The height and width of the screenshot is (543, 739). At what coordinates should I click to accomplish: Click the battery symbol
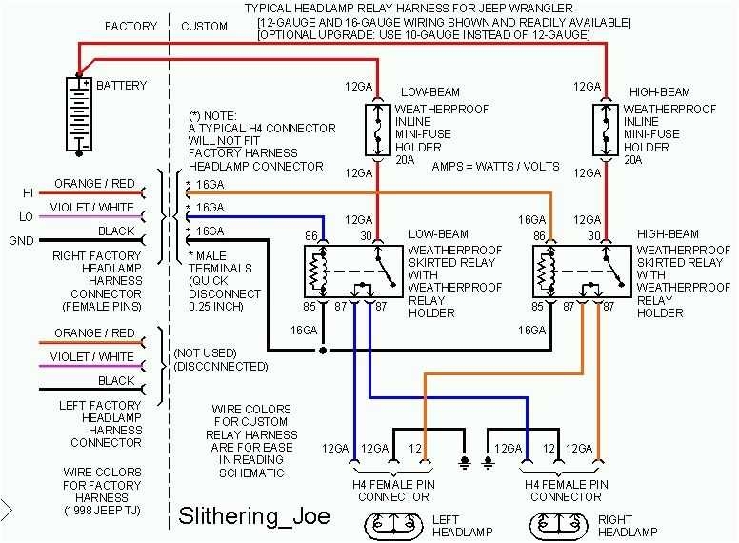pyautogui.click(x=78, y=113)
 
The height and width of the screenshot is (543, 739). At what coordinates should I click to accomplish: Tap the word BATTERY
pyautogui.click(x=121, y=86)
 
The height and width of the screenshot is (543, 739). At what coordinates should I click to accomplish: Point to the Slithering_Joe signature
pyautogui.click(x=254, y=516)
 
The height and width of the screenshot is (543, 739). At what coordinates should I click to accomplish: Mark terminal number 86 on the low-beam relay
pyautogui.click(x=310, y=234)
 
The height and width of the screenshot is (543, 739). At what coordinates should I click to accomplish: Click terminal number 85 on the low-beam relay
pyautogui.click(x=310, y=307)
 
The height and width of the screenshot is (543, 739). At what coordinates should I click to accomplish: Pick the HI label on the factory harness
pyautogui.click(x=28, y=192)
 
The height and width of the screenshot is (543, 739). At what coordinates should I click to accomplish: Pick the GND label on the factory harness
pyautogui.click(x=22, y=241)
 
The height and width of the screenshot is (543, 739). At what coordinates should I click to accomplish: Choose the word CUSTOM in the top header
pyautogui.click(x=204, y=27)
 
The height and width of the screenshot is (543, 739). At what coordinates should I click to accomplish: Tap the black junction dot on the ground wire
pyautogui.click(x=324, y=351)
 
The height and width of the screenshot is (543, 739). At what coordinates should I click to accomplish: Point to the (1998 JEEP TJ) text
pyautogui.click(x=102, y=512)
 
